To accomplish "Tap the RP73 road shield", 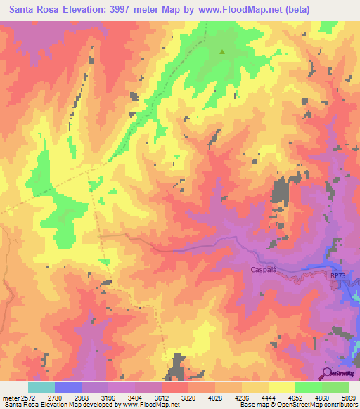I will pos(337,275).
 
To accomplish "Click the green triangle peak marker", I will pos(222,51).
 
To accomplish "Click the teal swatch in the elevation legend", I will pos(41,387).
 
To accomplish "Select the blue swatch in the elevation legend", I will pos(68,387).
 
